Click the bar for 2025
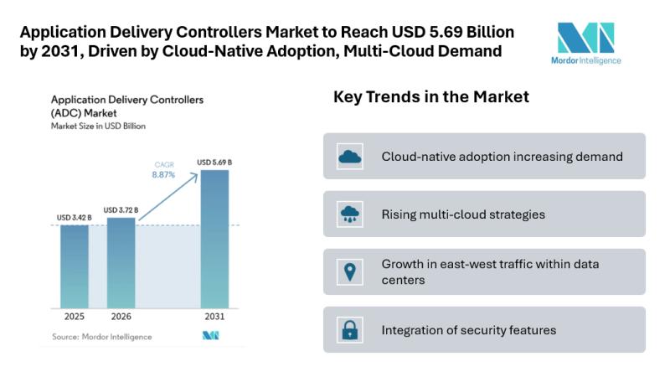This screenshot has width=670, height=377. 75,266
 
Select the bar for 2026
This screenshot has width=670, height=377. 121,262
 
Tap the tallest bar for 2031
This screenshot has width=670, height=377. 214,238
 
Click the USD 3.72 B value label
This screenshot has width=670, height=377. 121,209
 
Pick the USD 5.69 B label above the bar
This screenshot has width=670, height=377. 214,162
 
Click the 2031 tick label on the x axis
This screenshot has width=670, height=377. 214,319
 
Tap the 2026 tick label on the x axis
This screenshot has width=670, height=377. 121,319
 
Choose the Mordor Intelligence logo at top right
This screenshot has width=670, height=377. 585,43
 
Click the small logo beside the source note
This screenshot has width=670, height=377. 210,336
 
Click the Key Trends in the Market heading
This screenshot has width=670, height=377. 431,97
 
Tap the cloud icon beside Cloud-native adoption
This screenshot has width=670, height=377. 348,156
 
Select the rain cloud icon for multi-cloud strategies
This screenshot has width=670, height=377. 348,214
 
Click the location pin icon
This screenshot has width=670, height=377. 348,271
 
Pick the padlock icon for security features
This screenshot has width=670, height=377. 348,329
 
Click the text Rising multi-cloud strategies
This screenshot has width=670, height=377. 463,214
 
